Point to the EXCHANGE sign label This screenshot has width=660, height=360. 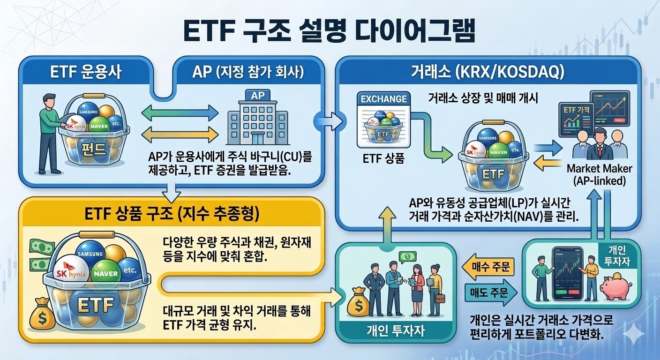(383, 99)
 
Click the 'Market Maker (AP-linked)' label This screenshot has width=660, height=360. (599, 174)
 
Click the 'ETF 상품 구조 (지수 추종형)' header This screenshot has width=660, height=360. (172, 215)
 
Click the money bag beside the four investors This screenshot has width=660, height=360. (358, 303)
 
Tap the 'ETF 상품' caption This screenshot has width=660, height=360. (383, 158)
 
